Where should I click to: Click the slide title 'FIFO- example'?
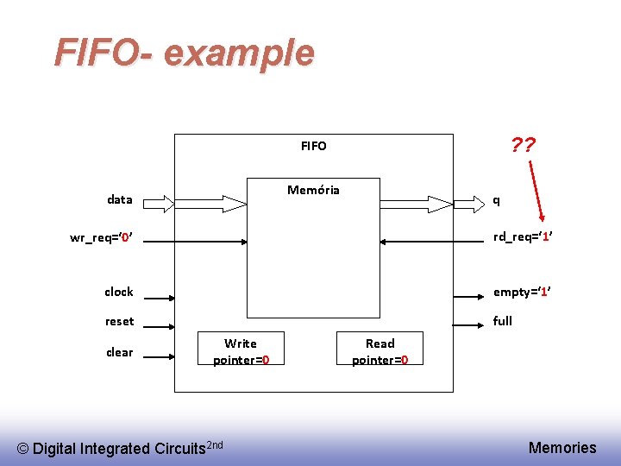point(184,53)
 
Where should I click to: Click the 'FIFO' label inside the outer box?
point(313,146)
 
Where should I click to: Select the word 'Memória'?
point(313,190)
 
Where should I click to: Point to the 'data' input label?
point(119,200)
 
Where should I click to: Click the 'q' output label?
point(495,200)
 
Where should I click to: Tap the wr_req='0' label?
point(101,238)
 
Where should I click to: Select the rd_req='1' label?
point(522,237)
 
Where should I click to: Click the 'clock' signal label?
point(119,292)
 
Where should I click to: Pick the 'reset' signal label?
point(119,321)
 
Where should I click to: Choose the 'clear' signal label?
point(119,352)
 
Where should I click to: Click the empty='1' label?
point(522,292)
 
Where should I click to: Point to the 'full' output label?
point(502,321)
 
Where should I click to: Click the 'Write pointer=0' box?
point(241,351)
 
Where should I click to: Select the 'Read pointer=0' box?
point(379,351)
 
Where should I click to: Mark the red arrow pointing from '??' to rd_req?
point(533,190)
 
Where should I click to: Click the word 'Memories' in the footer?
point(561,447)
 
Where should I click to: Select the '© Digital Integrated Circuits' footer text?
point(121,447)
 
